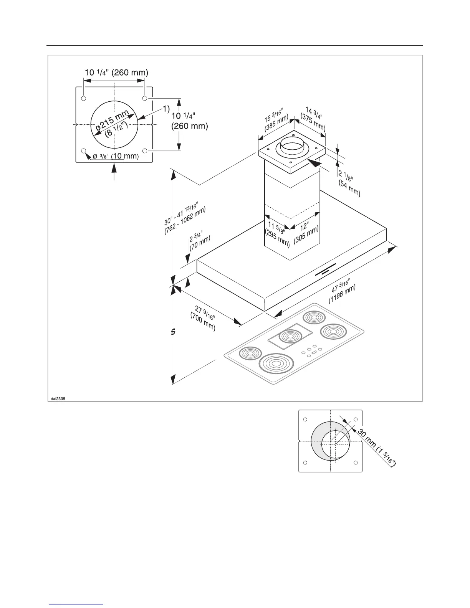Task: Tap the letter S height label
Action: pyautogui.click(x=173, y=332)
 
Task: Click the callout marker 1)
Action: pyautogui.click(x=165, y=109)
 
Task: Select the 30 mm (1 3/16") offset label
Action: pyautogui.click(x=377, y=448)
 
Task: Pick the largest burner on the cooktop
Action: pyautogui.click(x=276, y=363)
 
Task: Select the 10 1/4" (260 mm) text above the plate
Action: pyautogui.click(x=116, y=72)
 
